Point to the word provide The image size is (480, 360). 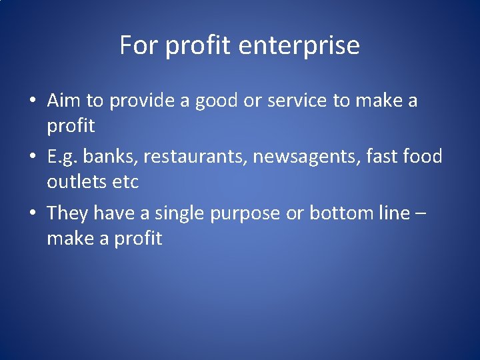(140, 101)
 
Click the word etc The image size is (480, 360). (124, 181)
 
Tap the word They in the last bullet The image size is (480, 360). (68, 214)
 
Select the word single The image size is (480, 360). (179, 214)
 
